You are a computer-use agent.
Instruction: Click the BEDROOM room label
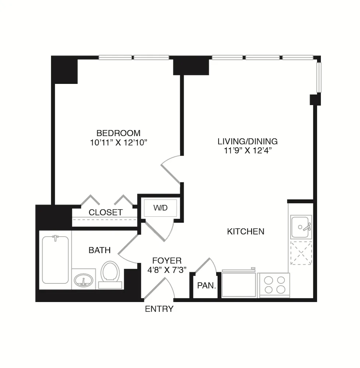118,133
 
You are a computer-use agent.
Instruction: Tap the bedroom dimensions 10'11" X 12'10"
118,142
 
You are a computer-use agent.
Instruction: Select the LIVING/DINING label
247,141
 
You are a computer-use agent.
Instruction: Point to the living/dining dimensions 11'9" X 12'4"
247,151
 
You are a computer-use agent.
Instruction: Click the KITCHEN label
246,231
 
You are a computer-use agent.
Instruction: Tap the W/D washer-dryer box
160,208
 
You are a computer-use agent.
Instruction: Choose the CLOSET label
106,212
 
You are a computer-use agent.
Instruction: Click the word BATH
99,250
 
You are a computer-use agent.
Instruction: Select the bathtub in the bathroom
55,259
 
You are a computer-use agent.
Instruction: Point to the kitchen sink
300,227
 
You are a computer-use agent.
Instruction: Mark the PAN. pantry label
207,285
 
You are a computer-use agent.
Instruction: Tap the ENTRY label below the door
159,309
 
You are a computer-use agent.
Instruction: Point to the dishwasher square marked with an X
301,253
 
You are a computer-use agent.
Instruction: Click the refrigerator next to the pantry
239,284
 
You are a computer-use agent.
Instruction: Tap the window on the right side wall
319,78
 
